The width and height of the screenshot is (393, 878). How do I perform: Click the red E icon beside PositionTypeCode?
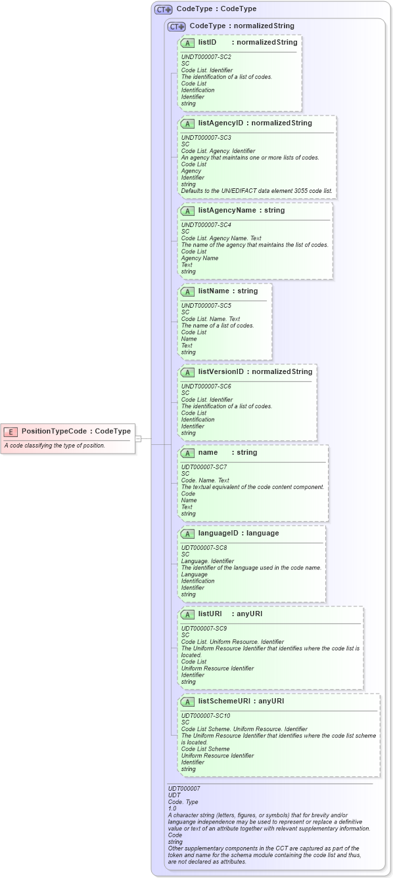click(11, 432)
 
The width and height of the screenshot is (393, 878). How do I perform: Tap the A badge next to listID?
click(187, 43)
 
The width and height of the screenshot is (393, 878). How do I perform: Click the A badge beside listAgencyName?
click(187, 211)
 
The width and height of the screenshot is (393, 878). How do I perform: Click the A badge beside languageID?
click(187, 533)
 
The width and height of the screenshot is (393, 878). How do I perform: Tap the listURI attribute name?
click(210, 614)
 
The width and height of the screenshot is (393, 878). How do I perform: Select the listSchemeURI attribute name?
click(224, 701)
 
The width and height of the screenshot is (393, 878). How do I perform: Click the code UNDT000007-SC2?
click(206, 57)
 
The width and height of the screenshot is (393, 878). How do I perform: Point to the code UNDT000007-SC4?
click(206, 225)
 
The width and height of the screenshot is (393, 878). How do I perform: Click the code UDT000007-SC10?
click(206, 715)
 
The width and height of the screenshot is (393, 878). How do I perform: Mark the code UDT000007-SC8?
click(204, 547)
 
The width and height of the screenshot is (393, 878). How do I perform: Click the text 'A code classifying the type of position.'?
click(55, 446)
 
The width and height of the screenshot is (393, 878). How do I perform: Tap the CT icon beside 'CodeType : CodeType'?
click(163, 9)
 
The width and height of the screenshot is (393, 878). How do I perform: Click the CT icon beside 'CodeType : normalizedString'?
click(176, 26)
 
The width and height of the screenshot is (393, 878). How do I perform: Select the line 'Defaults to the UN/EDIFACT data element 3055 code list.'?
click(257, 191)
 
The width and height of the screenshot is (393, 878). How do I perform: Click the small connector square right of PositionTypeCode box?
click(138, 438)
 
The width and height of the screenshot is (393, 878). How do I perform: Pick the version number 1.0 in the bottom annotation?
click(172, 808)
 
